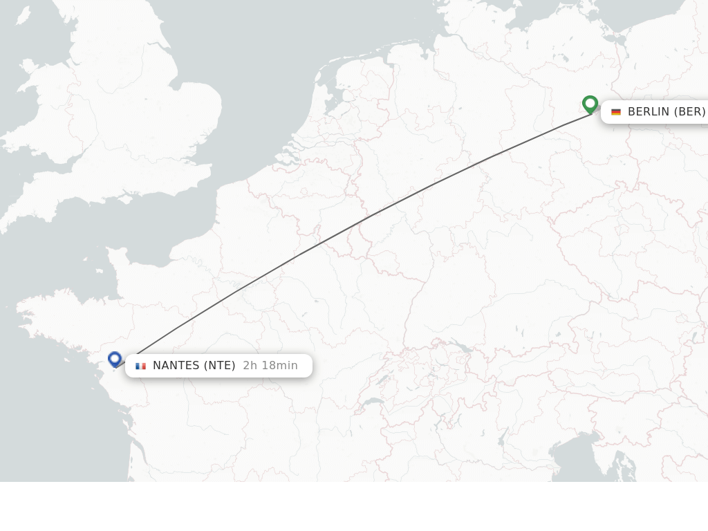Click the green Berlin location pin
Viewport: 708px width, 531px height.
(x=590, y=104)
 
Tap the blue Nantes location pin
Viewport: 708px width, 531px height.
(x=115, y=359)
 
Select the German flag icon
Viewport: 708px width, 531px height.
(x=616, y=112)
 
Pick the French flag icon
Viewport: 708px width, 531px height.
(x=141, y=366)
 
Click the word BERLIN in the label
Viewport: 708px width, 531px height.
(x=649, y=112)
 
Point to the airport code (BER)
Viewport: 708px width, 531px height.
(x=690, y=112)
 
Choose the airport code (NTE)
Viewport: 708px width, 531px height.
(x=218, y=366)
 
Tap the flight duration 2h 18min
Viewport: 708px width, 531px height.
(x=270, y=366)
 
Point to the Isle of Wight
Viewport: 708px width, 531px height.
(x=125, y=199)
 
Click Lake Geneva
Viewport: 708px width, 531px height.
(x=373, y=402)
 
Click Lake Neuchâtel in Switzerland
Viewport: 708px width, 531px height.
(x=384, y=379)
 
